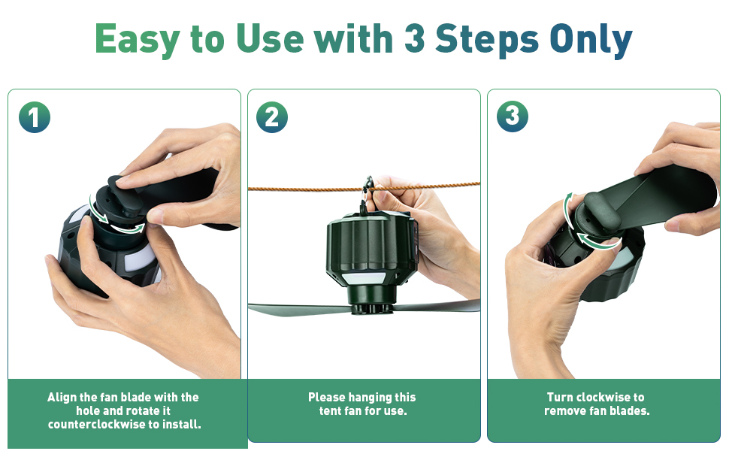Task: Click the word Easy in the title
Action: pyautogui.click(x=137, y=40)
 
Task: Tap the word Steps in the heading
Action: pyautogui.click(x=487, y=38)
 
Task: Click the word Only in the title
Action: pyautogui.click(x=591, y=40)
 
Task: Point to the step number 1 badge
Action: pyautogui.click(x=35, y=117)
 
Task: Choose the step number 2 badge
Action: pyautogui.click(x=272, y=117)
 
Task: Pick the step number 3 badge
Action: pyautogui.click(x=513, y=116)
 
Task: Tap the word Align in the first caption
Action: pyautogui.click(x=62, y=398)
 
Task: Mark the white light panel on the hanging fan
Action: pyautogui.click(x=363, y=279)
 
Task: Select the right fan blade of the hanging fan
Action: pyautogui.click(x=437, y=307)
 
